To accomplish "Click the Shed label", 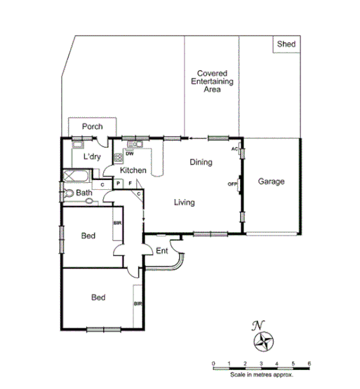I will click(x=286, y=44).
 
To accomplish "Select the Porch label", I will click(x=92, y=127).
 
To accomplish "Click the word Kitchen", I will click(x=133, y=170).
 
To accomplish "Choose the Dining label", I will click(x=201, y=163).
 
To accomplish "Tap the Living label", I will click(x=184, y=203).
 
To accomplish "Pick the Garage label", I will click(x=271, y=182).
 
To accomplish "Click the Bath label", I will click(x=84, y=193).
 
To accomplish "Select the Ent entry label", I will click(x=162, y=251).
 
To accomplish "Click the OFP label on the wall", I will click(x=232, y=184).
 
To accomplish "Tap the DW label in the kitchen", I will click(x=130, y=153).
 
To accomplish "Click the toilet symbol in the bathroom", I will click(x=69, y=193).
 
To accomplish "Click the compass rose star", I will click(x=264, y=341).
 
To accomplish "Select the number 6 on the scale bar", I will click(x=309, y=363).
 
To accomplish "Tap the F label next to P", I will click(x=129, y=184).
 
